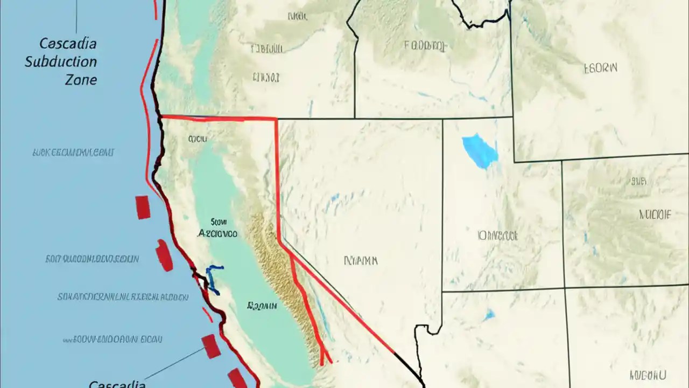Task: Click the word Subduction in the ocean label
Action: click(x=61, y=61)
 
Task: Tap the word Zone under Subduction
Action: click(x=81, y=80)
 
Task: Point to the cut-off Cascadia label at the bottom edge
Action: click(x=117, y=384)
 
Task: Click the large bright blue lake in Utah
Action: click(x=480, y=150)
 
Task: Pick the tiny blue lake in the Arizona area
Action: click(x=489, y=315)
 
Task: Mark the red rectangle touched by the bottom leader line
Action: click(x=211, y=345)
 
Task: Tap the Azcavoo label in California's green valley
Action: click(x=217, y=234)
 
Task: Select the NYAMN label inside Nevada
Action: click(x=361, y=261)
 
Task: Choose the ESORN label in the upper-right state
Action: click(x=601, y=68)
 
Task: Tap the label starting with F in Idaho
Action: click(x=425, y=45)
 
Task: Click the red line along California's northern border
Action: click(x=218, y=117)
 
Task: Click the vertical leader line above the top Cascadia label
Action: click(x=76, y=16)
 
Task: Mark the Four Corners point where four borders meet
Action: click(x=565, y=289)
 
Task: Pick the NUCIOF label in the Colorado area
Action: click(x=655, y=214)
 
